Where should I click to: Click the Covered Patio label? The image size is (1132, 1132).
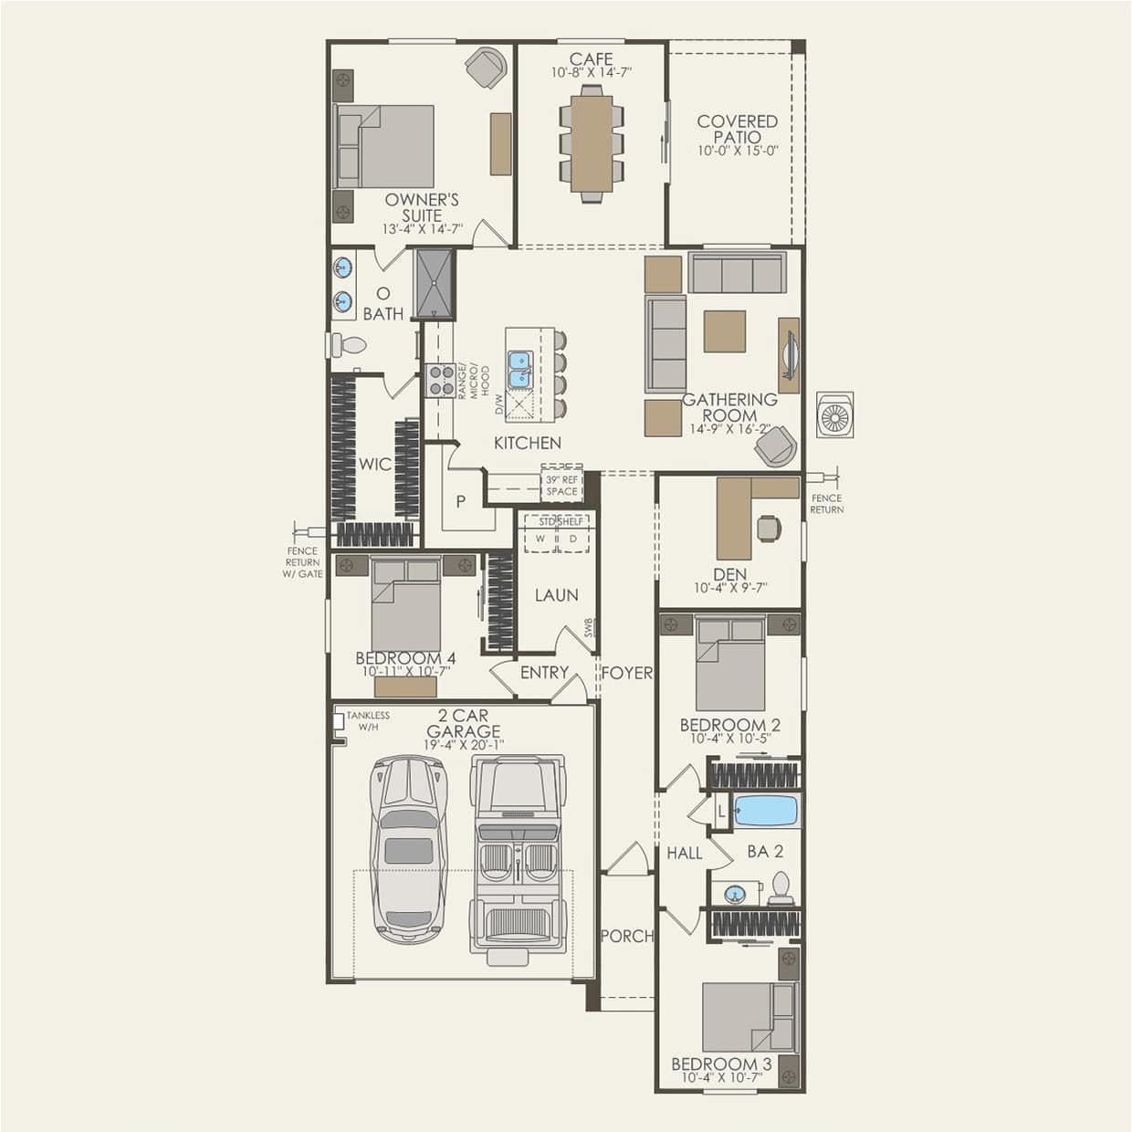click(737, 129)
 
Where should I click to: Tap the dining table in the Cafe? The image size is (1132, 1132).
click(592, 143)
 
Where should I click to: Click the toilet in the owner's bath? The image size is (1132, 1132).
click(348, 345)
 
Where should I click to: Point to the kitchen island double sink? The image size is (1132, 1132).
click(519, 369)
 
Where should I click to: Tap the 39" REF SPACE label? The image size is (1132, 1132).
click(561, 486)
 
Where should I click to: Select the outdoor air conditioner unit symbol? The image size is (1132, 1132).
click(834, 417)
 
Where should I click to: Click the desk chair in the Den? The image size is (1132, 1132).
click(769, 528)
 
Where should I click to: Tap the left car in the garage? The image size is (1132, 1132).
click(408, 849)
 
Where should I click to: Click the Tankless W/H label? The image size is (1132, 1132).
click(367, 721)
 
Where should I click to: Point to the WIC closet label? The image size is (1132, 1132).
click(374, 464)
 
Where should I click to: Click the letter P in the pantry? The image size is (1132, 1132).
click(461, 500)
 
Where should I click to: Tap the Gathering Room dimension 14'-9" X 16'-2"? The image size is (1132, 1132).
click(729, 429)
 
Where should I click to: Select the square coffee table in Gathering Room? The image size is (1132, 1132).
click(724, 331)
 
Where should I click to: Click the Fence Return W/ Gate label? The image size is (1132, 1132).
click(302, 562)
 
